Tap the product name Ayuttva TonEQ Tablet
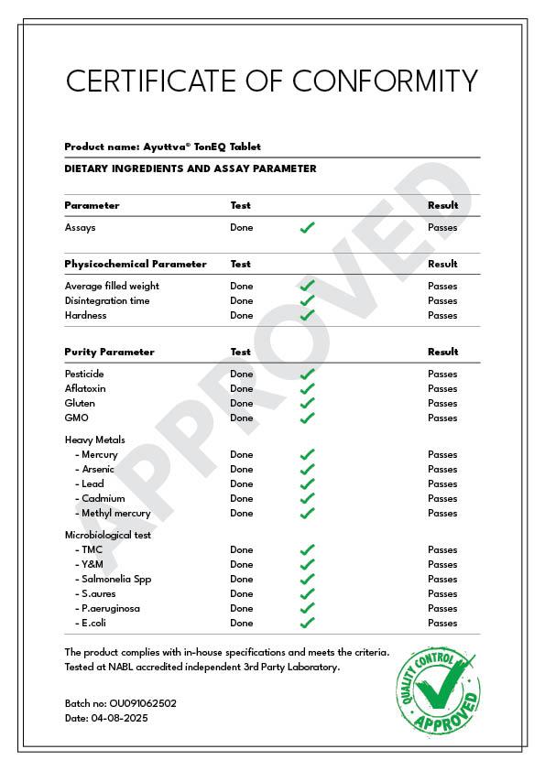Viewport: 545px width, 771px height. pos(202,147)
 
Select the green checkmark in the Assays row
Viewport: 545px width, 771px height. pos(308,227)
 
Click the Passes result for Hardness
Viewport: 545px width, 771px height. pos(442,315)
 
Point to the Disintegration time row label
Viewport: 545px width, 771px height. pos(107,300)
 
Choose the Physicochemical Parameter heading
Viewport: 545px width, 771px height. pos(136,264)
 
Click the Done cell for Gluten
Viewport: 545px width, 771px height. pos(242,403)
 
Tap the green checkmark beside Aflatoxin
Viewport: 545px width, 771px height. pos(308,388)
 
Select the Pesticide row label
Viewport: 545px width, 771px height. pos(84,374)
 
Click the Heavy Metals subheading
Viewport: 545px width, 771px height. pos(95,440)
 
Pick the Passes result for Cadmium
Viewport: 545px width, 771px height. pos(442,498)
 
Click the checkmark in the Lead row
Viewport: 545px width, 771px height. pos(308,483)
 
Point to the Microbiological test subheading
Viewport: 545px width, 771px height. pos(108,535)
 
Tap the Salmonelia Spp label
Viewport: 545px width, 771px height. pos(116,579)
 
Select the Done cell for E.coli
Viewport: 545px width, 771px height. pos(242,623)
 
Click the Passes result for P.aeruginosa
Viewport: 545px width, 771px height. pos(442,608)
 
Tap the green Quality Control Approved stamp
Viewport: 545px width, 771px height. pos(438,690)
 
